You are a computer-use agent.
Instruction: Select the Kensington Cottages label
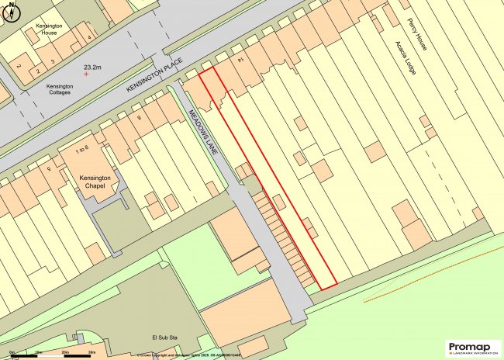[x=60, y=89]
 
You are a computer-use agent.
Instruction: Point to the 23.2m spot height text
[x=95, y=66]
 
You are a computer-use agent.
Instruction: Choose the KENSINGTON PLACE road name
[x=154, y=78]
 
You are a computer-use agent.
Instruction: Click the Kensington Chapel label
[x=96, y=182]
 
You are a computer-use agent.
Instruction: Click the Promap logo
[x=474, y=348]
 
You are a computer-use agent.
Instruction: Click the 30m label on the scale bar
[x=91, y=353]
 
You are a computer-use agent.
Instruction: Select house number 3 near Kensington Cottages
[x=53, y=60]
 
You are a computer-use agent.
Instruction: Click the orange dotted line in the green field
[x=419, y=284]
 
